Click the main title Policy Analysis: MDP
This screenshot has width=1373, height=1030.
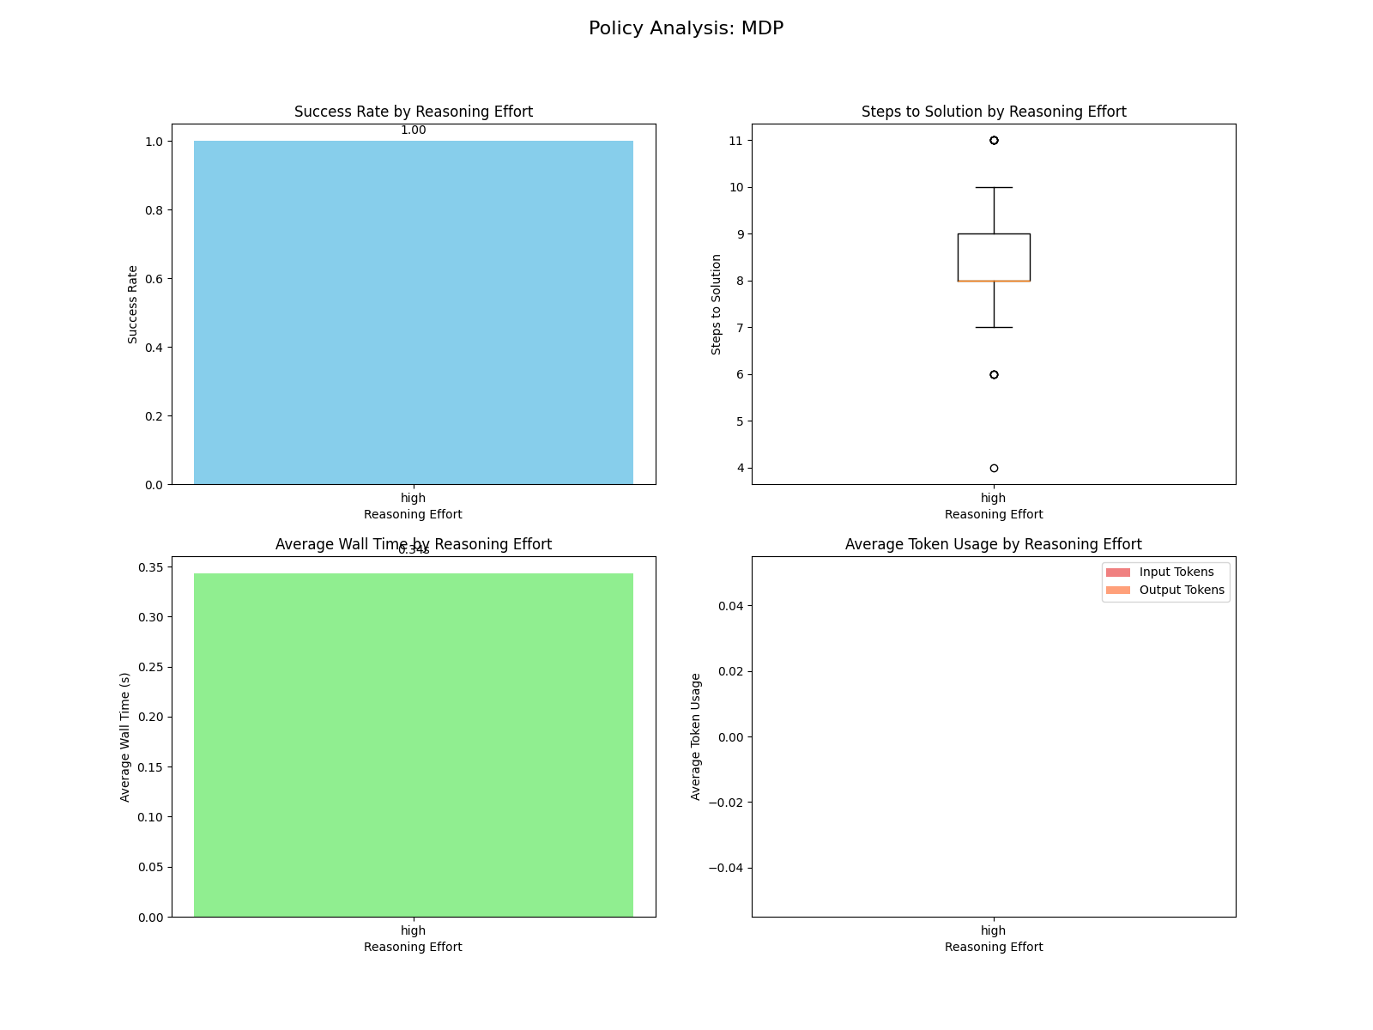coord(686,28)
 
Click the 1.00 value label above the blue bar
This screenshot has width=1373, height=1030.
coord(413,130)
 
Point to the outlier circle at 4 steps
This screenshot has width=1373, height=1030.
coord(994,469)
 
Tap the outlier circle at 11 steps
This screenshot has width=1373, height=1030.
coord(994,140)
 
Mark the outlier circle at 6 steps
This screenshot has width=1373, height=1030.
coord(994,374)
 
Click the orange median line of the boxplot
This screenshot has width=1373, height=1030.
coord(994,281)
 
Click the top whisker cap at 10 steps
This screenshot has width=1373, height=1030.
coord(994,187)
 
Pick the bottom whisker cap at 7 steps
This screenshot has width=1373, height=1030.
coord(994,327)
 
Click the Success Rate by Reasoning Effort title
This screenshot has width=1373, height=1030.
coord(413,112)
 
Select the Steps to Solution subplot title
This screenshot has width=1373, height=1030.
coord(994,112)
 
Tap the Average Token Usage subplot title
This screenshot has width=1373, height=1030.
coord(994,544)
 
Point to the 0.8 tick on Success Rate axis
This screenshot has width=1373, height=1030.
coord(153,210)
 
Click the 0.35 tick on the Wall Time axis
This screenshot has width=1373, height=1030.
coord(149,567)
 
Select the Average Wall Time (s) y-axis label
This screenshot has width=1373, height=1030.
coord(125,736)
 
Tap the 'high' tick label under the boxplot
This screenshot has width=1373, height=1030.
coord(994,498)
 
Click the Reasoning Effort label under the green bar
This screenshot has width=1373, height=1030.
coord(413,947)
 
